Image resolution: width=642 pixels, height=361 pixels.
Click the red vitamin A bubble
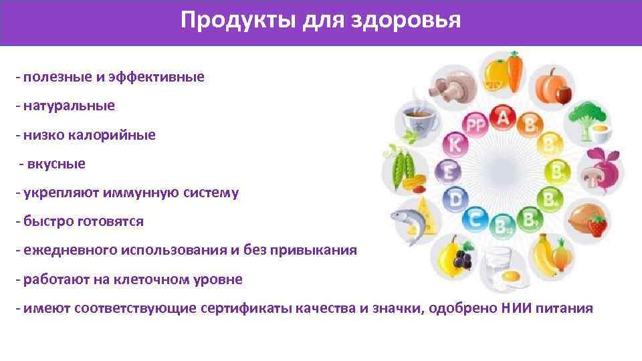pyautogui.click(x=502, y=118)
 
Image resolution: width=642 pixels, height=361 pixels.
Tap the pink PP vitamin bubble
pyautogui.click(x=475, y=125)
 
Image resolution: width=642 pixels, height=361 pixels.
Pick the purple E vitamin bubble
pyautogui.click(x=449, y=172)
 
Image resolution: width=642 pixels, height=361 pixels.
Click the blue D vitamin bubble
pyautogui.click(x=457, y=199)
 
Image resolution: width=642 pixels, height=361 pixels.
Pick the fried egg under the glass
pyautogui.click(x=511, y=275)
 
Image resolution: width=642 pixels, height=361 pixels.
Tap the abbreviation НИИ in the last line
pyautogui.click(x=513, y=308)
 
